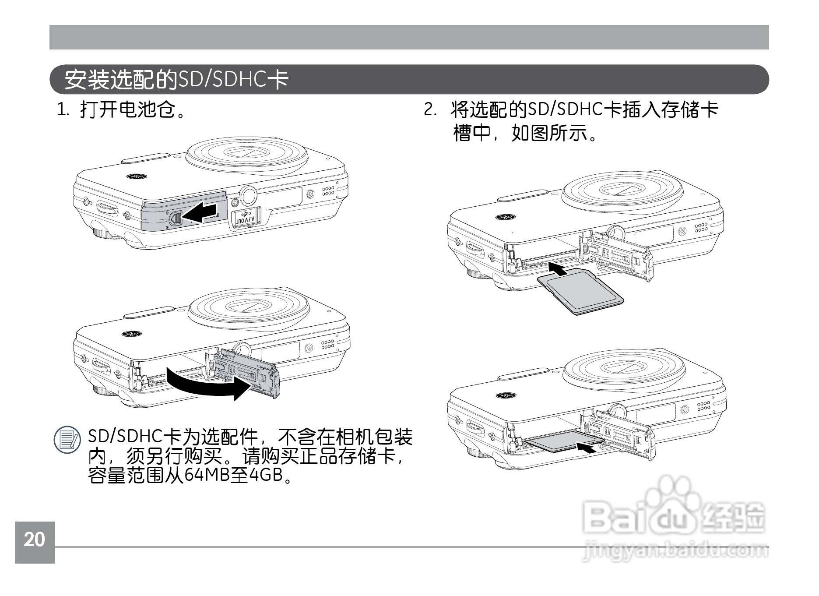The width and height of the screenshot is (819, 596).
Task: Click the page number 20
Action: pos(34,540)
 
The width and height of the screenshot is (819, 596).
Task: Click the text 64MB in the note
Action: pos(207,475)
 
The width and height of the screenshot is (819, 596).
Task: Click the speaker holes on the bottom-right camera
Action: pos(703,406)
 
